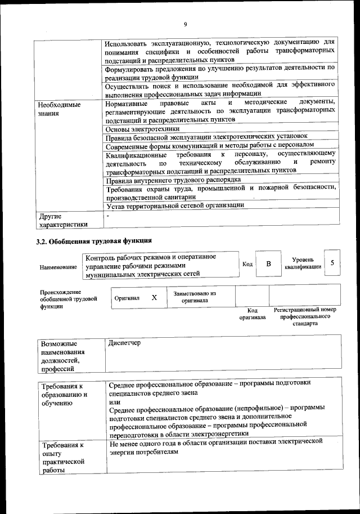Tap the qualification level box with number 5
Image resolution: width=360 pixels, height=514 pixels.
point(332,263)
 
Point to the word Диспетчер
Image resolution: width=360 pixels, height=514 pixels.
point(125,343)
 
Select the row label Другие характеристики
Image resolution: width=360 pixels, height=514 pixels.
point(62,220)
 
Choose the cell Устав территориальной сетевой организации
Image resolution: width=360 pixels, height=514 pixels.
point(175,205)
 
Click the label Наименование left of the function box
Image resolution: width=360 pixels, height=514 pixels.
point(58,267)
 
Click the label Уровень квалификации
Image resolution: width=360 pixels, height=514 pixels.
point(303,263)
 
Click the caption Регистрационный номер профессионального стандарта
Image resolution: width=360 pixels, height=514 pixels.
point(304,317)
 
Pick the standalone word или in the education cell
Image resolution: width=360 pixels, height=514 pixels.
point(114,403)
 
